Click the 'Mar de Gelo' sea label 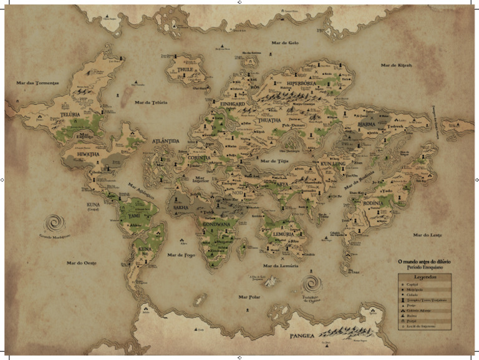tap(285, 42)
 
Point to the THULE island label tap(186, 70)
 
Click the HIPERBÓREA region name tap(304, 82)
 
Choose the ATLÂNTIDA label tap(166, 141)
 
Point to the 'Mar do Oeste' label tap(82, 263)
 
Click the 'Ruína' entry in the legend tap(415, 316)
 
